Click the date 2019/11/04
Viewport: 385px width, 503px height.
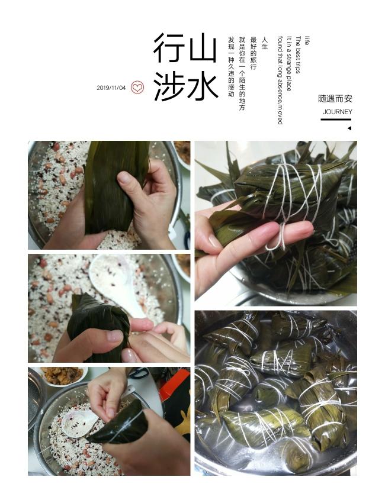pyautogui.click(x=111, y=88)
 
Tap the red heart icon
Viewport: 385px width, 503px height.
pyautogui.click(x=137, y=87)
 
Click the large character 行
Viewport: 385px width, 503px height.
pyautogui.click(x=169, y=48)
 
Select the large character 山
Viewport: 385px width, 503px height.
pyautogui.click(x=203, y=47)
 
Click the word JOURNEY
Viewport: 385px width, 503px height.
pyautogui.click(x=337, y=112)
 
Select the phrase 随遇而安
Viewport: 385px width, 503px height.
pyautogui.click(x=335, y=98)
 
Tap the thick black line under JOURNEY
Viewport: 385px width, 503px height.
pyautogui.click(x=336, y=120)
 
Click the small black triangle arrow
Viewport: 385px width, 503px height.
pyautogui.click(x=349, y=128)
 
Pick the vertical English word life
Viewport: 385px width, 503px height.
pyautogui.click(x=307, y=41)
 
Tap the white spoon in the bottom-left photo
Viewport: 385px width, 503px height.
pyautogui.click(x=79, y=424)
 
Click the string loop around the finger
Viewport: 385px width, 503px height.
pyautogui.click(x=278, y=237)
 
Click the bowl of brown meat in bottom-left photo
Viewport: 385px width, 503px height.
pyautogui.click(x=63, y=375)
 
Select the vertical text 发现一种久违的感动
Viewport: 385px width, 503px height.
pyautogui.click(x=231, y=67)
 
